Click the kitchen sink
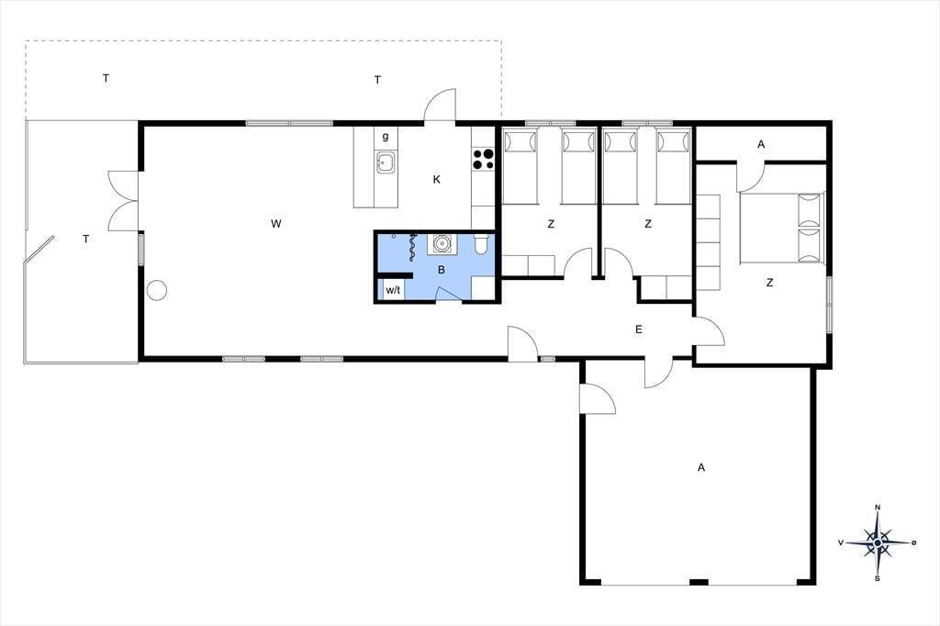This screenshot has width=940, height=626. coord(385,162)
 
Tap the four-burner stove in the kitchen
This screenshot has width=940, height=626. coord(483,158)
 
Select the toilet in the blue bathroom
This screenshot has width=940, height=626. coord(481,243)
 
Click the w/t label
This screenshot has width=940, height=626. coord(393,290)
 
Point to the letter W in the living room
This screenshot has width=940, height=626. coord(275,224)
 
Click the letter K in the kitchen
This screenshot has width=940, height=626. coord(436,179)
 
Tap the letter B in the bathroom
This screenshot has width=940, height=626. coord(442,270)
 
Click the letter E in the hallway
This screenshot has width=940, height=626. coord(639,330)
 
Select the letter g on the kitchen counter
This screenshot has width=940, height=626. coord(386,137)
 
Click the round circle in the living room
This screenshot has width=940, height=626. coord(157,290)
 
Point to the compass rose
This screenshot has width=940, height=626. coord(878,542)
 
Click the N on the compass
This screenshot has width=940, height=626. coord(878,508)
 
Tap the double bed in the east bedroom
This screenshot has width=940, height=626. coord(782,228)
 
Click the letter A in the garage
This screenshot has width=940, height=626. coord(700,467)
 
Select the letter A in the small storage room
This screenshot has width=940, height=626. coord(761,144)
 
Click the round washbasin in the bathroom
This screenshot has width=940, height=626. coord(442,244)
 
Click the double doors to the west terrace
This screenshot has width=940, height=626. coord(124,201)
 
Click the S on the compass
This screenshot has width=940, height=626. coord(877,578)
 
